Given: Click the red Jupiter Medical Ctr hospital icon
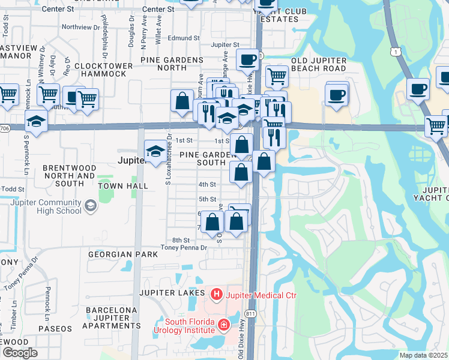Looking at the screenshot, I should [216, 295].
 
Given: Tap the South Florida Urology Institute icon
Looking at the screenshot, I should [224, 325].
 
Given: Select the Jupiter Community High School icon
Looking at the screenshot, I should [90, 206].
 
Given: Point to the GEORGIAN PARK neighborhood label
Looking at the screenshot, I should [122, 254].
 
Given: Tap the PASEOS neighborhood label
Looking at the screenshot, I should [55, 329].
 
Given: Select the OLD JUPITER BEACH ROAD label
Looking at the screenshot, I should [327, 65].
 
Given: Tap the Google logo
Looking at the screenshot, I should [19, 352].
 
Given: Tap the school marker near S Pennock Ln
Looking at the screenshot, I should [37, 121].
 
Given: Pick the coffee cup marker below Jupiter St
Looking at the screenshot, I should [247, 59].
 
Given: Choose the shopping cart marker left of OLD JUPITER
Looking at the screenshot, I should [276, 76].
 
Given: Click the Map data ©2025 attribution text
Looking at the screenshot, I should [423, 355].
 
